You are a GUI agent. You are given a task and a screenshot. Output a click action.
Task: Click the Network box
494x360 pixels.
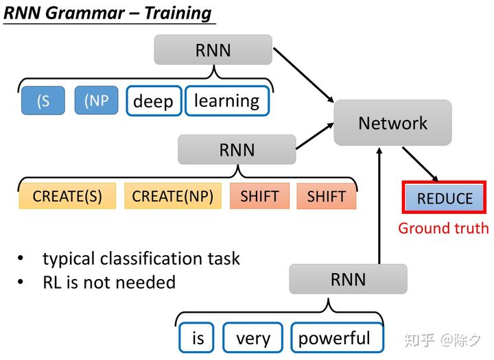pos(392,123)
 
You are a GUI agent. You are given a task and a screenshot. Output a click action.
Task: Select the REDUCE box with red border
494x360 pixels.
pos(445,199)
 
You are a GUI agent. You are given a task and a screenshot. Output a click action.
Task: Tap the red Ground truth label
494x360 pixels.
pos(443,228)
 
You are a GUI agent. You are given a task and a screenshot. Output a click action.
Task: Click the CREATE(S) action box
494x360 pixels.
pos(67,196)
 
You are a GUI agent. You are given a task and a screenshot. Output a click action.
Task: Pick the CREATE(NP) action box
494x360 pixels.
pos(172,196)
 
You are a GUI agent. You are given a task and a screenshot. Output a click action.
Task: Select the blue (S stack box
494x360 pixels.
pos(43,101)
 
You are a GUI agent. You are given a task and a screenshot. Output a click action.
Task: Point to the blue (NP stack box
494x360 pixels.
pos(97,101)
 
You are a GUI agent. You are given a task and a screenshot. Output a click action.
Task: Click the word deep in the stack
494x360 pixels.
pos(154,101)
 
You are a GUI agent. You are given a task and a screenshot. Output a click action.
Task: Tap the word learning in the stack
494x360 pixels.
pos(227,101)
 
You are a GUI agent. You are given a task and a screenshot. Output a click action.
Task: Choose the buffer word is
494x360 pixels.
pos(198,338)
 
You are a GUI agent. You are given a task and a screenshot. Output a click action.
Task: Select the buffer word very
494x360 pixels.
pos(253,338)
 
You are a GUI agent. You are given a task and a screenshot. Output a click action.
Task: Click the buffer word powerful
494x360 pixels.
pos(334,338)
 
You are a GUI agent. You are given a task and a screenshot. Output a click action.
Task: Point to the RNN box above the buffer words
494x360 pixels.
pos(348,279)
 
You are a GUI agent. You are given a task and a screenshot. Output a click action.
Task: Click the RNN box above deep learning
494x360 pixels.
pos(213,50)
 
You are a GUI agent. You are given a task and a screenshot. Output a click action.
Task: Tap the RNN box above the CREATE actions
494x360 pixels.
pos(237,149)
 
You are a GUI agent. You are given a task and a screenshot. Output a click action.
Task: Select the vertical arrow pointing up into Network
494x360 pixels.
pos(379,206)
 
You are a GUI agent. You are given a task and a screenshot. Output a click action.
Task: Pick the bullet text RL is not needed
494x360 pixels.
pos(109,282)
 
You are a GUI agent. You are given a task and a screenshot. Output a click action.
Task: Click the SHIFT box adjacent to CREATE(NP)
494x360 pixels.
pos(259,196)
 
